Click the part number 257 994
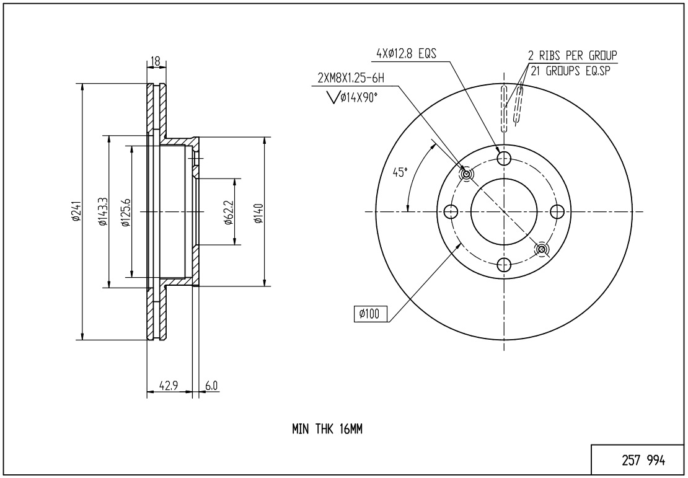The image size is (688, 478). click(x=643, y=461)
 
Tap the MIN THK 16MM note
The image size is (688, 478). click(x=327, y=429)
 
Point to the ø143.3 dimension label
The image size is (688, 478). click(x=103, y=211)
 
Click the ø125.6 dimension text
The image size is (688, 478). click(x=126, y=212)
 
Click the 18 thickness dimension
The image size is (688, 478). click(x=156, y=61)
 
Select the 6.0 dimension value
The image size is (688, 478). click(x=211, y=386)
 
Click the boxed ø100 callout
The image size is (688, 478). click(x=371, y=314)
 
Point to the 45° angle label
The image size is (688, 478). click(x=400, y=172)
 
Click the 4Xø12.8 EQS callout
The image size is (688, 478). click(x=407, y=53)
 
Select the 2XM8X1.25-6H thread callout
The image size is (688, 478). click(x=351, y=79)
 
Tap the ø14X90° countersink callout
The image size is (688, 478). click(x=353, y=97)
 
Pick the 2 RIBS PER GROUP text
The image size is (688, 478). click(x=573, y=55)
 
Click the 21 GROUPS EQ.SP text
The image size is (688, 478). click(x=570, y=71)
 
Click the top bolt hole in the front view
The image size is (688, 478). click(x=504, y=158)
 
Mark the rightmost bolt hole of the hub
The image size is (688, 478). click(x=557, y=212)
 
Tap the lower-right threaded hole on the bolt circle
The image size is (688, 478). click(x=542, y=249)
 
